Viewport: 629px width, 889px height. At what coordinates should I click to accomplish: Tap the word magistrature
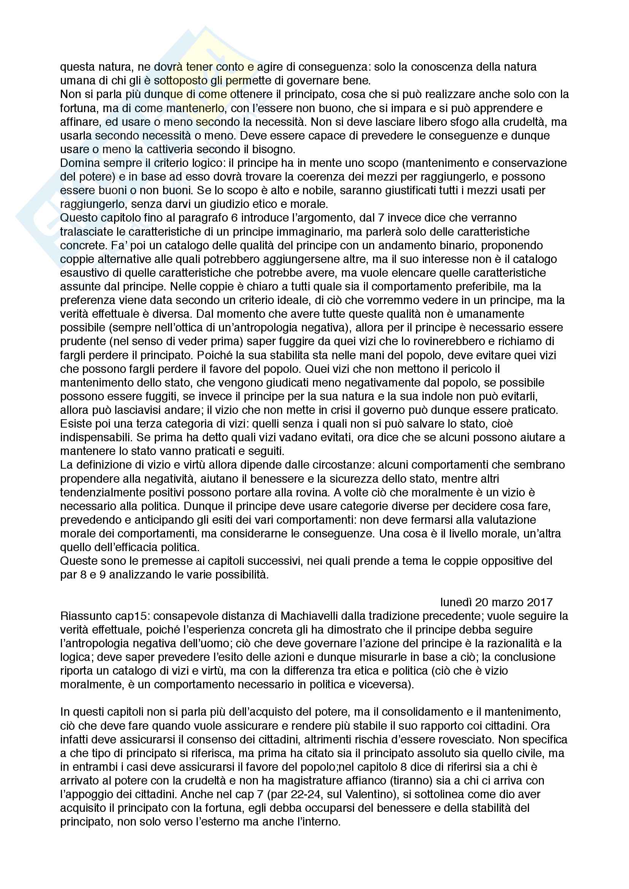pos(301,781)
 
